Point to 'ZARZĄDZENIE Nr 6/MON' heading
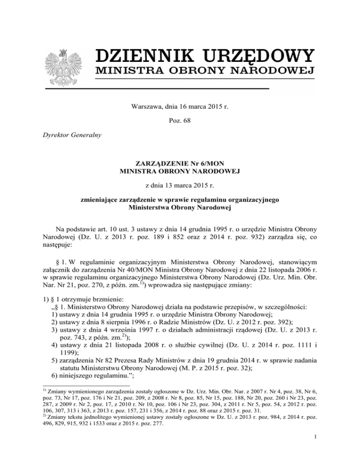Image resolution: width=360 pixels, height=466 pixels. (x=180, y=164)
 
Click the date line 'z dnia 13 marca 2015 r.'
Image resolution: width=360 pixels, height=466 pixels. (x=180, y=187)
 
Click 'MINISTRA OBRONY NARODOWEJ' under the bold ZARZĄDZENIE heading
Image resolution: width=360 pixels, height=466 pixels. (x=180, y=172)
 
